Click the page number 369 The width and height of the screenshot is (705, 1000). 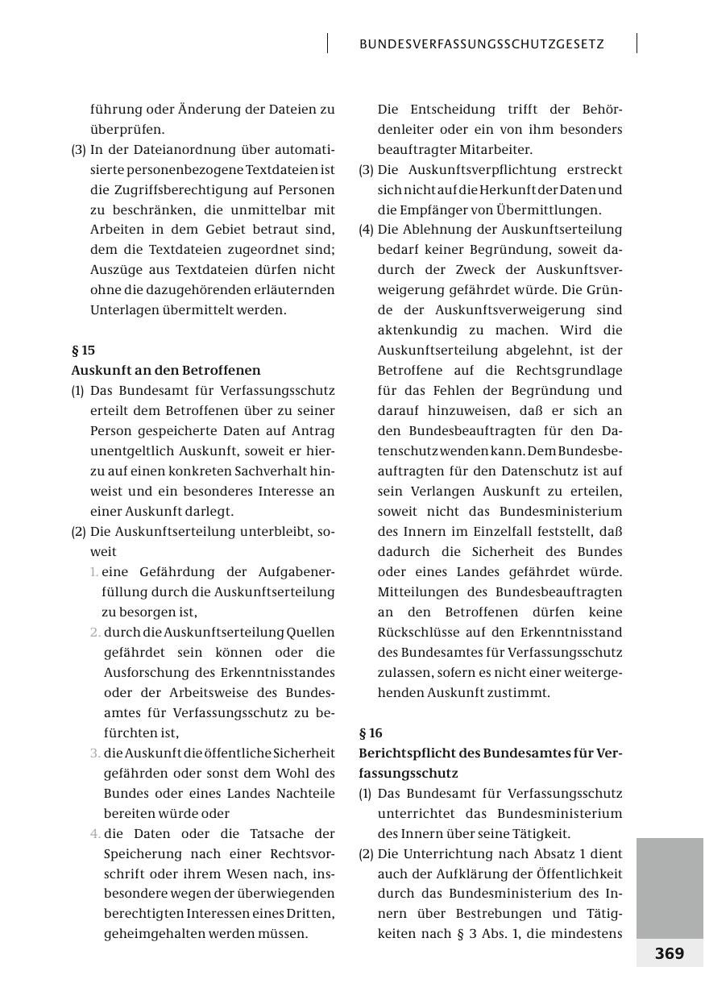[x=669, y=953]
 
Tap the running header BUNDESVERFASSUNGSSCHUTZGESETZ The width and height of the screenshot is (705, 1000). [x=482, y=44]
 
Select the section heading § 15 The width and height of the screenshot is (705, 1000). [x=83, y=351]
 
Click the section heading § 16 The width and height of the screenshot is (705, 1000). [x=371, y=733]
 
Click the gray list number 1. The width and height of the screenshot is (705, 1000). [x=94, y=572]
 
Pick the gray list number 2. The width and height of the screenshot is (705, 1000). [x=96, y=633]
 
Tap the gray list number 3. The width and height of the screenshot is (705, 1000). [x=96, y=753]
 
